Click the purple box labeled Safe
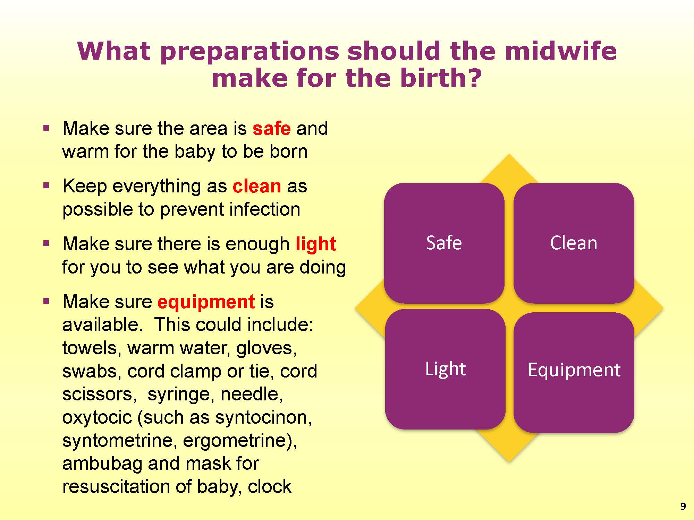point(444,243)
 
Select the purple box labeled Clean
point(574,243)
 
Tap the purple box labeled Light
point(445,369)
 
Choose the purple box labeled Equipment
point(574,372)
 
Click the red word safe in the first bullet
point(271,129)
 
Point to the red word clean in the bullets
point(257,187)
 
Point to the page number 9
point(683,506)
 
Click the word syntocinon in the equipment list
point(263,417)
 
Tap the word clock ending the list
point(270,487)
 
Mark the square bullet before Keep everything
point(46,186)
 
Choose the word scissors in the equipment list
point(99,395)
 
